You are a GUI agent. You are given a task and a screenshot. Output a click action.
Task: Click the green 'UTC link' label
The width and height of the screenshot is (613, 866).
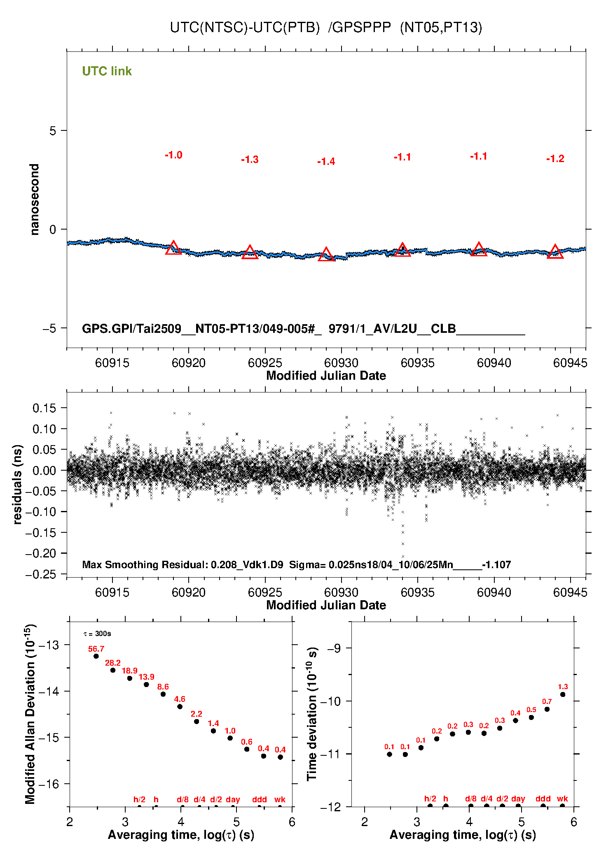pos(107,71)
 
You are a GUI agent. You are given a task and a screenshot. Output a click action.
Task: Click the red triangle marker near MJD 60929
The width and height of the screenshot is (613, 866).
pos(326,255)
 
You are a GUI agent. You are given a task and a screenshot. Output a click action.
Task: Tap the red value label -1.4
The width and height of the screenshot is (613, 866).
pos(326,162)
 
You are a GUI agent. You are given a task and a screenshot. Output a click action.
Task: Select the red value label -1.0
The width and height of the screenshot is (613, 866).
pos(173,155)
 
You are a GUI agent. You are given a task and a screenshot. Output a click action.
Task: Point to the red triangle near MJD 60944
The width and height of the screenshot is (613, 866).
pos(555,252)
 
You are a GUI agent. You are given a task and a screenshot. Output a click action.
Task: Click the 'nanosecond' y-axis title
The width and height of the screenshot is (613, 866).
pos(35,199)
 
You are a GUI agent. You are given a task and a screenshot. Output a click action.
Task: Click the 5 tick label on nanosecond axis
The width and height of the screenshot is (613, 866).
pos(53,131)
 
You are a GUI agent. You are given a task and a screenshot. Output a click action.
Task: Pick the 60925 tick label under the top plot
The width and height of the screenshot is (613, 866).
pos(265,363)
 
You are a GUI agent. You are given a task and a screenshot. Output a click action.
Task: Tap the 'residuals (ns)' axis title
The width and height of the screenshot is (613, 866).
pos(17,484)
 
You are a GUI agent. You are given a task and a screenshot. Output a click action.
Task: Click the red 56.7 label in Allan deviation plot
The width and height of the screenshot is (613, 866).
pos(96,649)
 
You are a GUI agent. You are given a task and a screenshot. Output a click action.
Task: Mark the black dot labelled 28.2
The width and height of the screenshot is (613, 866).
pos(113,670)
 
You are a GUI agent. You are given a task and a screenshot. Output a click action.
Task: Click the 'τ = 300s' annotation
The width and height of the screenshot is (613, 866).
pos(97,634)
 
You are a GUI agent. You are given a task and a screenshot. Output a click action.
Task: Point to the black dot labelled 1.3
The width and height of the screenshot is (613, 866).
pos(563,694)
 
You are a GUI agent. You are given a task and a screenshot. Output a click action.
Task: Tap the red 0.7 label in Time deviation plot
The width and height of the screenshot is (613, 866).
pos(547,701)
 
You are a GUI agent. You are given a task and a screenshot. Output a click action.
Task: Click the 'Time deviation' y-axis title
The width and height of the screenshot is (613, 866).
pos(312,714)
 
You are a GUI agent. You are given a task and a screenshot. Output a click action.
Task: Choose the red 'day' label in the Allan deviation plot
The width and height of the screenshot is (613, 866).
pos(233,799)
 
